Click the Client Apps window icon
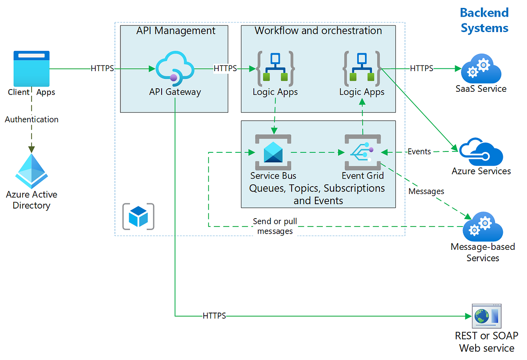32,68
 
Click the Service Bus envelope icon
273,152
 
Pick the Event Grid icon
362,152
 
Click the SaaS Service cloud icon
481,68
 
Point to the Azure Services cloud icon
481,151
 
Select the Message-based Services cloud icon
483,227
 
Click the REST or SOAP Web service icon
486,316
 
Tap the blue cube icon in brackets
138,215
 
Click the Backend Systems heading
484,20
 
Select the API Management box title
176,31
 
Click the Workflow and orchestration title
318,31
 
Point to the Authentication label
32,119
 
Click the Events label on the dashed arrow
419,151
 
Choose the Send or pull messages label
275,226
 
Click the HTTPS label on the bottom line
214,316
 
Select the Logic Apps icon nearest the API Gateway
275,68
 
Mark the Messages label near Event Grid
426,191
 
